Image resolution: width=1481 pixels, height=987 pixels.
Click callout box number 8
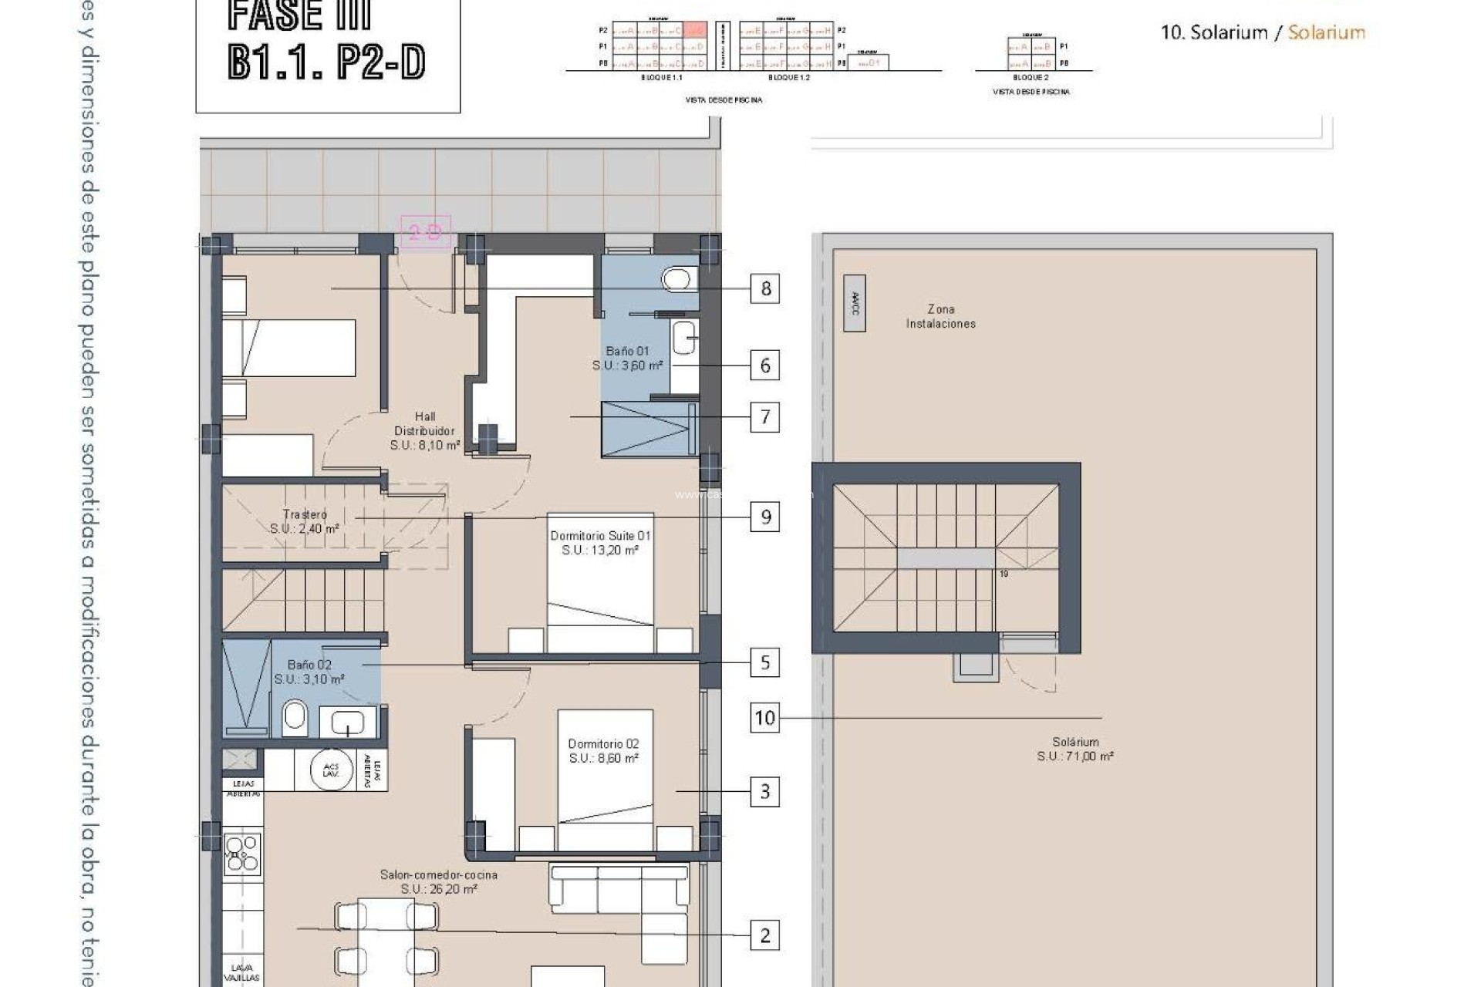764,288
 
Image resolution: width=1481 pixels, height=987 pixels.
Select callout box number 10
764,718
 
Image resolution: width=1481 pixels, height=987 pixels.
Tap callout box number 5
764,662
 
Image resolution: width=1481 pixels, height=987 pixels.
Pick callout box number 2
764,935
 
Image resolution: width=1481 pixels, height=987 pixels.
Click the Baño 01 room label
627,352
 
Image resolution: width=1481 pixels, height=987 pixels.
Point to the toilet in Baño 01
678,279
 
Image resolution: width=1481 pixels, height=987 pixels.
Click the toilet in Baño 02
295,718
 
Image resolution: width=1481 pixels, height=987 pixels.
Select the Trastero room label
305,514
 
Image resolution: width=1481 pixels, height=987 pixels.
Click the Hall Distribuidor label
424,424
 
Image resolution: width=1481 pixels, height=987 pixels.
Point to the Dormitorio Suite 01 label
600,536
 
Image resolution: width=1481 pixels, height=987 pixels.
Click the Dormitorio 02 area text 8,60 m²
604,759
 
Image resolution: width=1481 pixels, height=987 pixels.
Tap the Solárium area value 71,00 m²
1075,756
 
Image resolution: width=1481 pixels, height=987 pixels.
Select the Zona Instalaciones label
940,316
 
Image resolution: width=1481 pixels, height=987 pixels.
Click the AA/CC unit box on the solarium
854,303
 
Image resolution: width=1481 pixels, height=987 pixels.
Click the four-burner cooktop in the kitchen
242,854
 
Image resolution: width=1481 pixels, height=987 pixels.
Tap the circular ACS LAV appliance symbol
331,769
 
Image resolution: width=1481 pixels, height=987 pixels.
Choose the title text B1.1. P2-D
326,62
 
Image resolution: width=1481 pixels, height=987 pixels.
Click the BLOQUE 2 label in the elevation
1030,78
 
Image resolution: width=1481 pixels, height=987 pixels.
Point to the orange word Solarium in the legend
1326,32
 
